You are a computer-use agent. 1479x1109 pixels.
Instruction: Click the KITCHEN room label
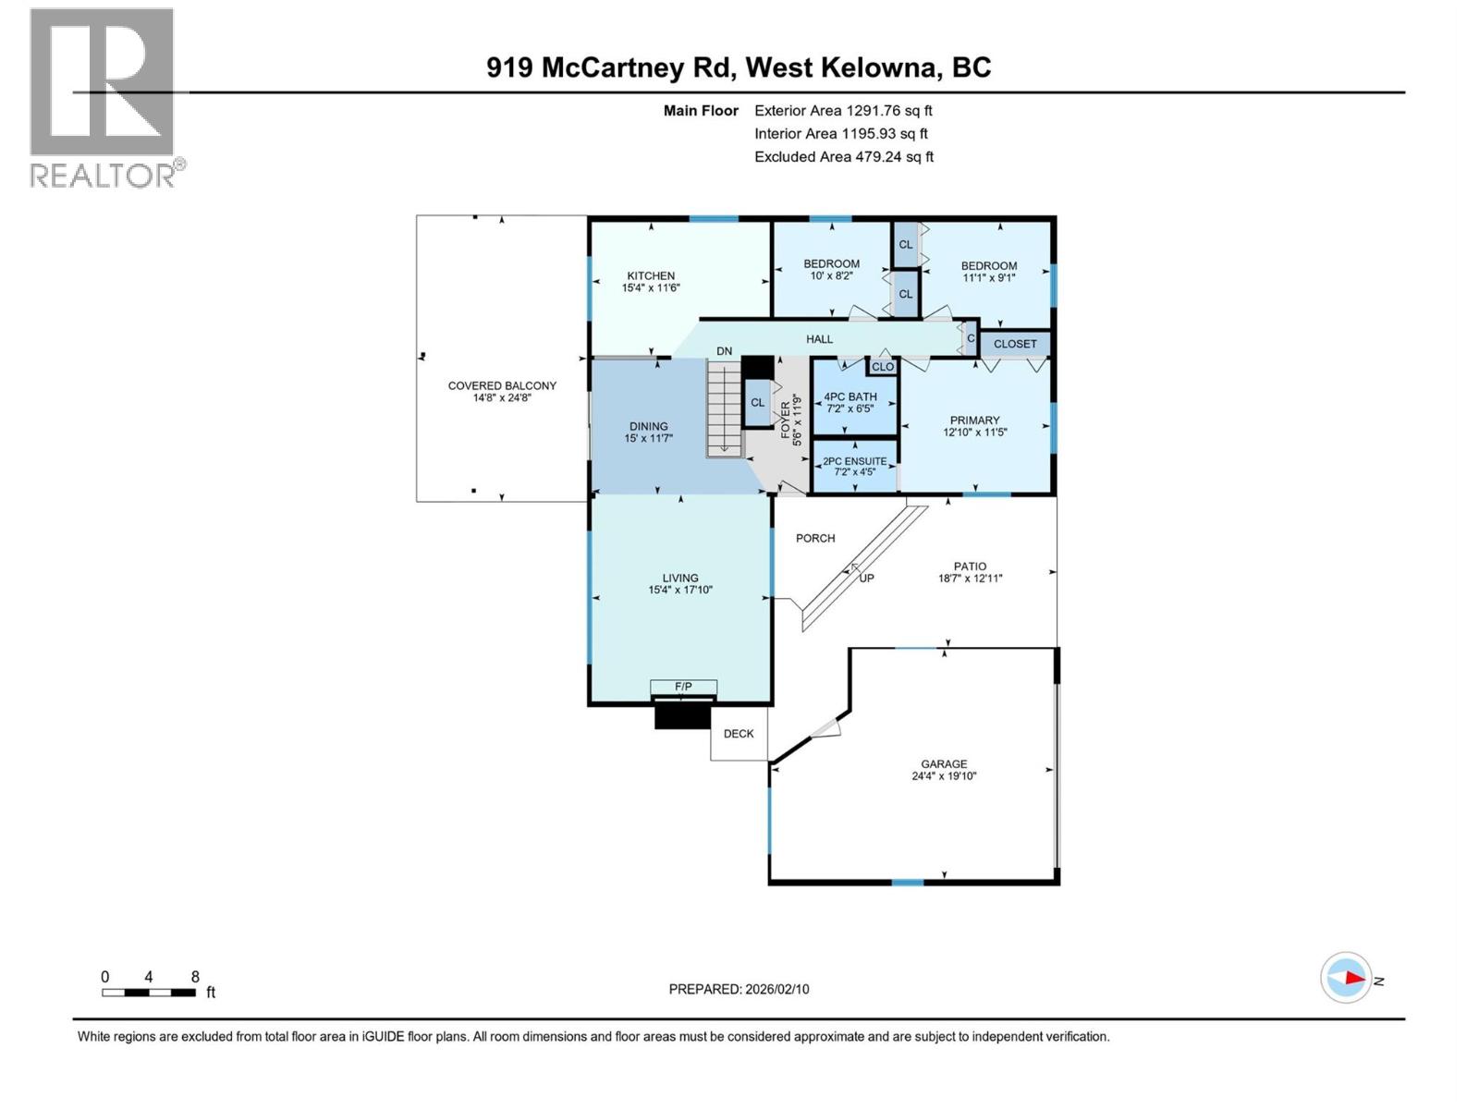[651, 275]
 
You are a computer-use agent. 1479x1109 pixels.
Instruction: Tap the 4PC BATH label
[850, 396]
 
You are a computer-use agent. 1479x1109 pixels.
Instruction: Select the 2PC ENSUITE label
[854, 461]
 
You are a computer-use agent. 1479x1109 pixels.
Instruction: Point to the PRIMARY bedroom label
[974, 420]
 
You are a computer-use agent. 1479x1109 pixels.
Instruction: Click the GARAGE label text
[944, 764]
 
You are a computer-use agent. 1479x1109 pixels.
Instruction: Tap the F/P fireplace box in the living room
[683, 687]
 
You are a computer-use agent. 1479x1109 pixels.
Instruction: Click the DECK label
[739, 734]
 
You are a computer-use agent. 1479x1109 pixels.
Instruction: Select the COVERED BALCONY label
[502, 385]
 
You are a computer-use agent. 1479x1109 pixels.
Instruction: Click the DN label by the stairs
[725, 351]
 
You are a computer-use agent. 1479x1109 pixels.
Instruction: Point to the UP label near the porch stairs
[866, 579]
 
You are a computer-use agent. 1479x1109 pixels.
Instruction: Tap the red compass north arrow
[1352, 978]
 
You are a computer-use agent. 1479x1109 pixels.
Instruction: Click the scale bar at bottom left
[148, 993]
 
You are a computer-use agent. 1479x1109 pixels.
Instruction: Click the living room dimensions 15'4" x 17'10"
[680, 590]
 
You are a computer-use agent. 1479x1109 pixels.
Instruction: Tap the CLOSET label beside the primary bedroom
[1015, 344]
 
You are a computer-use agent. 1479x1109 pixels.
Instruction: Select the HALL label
[819, 339]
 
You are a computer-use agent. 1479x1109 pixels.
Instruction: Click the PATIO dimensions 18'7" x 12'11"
[970, 579]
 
